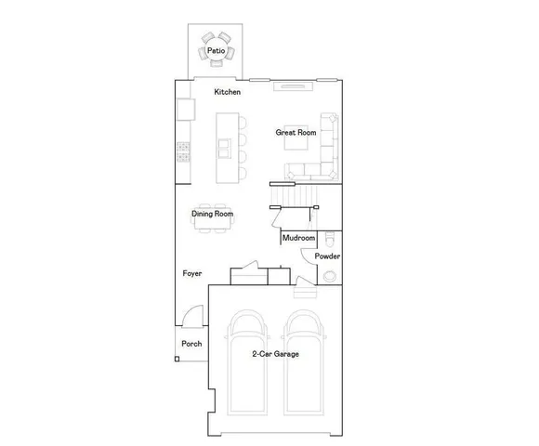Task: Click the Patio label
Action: [215, 50]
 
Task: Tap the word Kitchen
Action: [228, 92]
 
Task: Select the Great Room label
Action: [296, 133]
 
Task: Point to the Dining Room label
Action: [212, 214]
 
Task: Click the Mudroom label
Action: [298, 239]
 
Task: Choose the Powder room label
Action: [326, 256]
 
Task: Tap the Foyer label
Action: [192, 274]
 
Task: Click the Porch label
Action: [191, 344]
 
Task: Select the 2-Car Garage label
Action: [274, 354]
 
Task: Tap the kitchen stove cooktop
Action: [184, 151]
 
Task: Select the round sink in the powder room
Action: [329, 275]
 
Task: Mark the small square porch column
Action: [177, 358]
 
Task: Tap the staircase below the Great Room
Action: [296, 195]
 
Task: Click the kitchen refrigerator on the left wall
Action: [185, 111]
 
